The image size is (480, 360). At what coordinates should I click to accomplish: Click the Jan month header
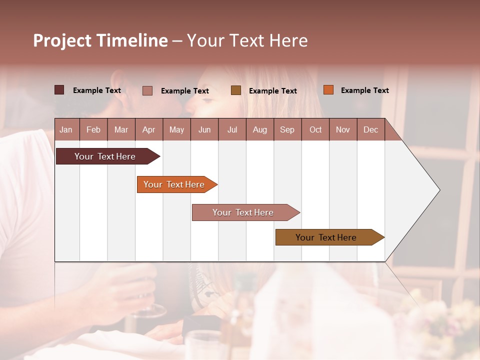coord(66,129)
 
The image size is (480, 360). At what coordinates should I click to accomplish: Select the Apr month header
coord(148,129)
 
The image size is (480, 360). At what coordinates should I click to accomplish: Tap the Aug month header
coord(259,129)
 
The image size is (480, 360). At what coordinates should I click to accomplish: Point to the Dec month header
coord(370,129)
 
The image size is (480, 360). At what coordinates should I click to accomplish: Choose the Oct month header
coord(315,129)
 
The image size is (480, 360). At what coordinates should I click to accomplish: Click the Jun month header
coord(204,129)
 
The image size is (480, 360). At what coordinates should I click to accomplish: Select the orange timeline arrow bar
coord(175,184)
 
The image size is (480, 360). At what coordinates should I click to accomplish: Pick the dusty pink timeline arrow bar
coord(244,212)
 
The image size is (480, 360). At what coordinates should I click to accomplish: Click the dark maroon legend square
coord(59,90)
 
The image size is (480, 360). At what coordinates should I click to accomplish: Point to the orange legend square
coord(328,90)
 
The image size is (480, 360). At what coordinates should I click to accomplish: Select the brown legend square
coord(236,90)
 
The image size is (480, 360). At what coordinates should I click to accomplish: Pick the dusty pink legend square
coord(147,90)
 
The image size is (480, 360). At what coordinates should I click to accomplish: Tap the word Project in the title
coord(61,40)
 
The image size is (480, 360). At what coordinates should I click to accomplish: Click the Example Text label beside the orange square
coord(364,90)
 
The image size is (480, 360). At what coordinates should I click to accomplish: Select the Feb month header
coord(93,129)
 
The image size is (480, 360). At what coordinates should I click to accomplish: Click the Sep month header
coord(287,129)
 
